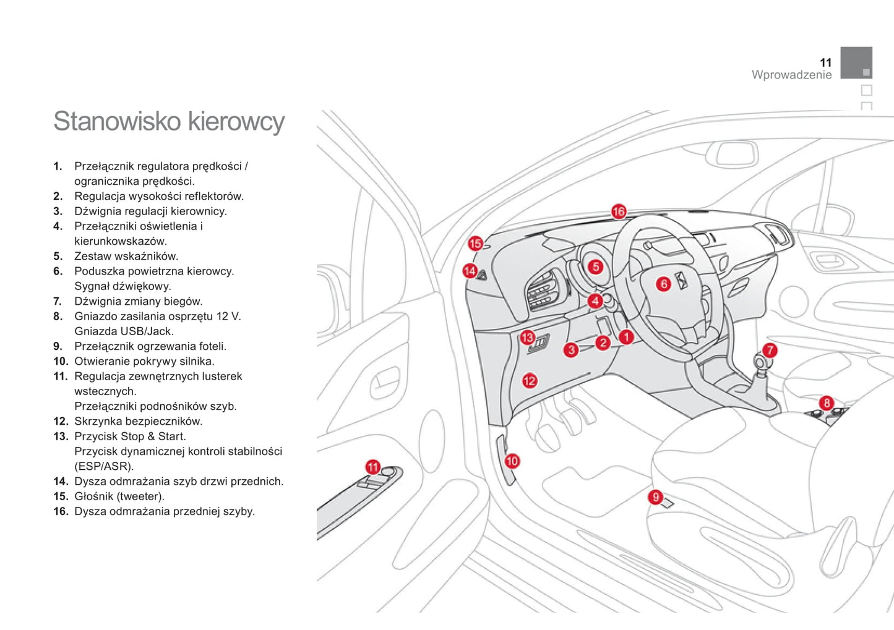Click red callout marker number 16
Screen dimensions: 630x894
tap(618, 211)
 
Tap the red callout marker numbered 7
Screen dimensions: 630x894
tap(769, 351)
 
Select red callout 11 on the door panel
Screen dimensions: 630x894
tap(372, 467)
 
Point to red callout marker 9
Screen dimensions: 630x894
tap(655, 496)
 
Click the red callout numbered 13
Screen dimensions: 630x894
tap(527, 338)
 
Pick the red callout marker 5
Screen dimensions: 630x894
tap(595, 266)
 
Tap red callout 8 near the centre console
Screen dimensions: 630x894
tap(827, 403)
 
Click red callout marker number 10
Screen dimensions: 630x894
tap(512, 461)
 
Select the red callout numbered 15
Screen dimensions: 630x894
tap(475, 244)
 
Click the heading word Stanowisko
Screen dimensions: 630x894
tap(118, 121)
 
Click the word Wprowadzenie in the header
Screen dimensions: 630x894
tap(791, 75)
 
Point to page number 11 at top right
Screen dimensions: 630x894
tap(825, 62)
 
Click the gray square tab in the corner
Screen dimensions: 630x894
tap(856, 62)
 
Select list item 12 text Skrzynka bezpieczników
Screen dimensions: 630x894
tap(138, 421)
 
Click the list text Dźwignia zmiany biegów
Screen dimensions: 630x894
tap(138, 301)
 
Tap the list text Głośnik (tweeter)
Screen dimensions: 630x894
tap(119, 496)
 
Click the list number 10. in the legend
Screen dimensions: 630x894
tap(60, 361)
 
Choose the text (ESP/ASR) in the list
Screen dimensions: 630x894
tap(104, 466)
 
